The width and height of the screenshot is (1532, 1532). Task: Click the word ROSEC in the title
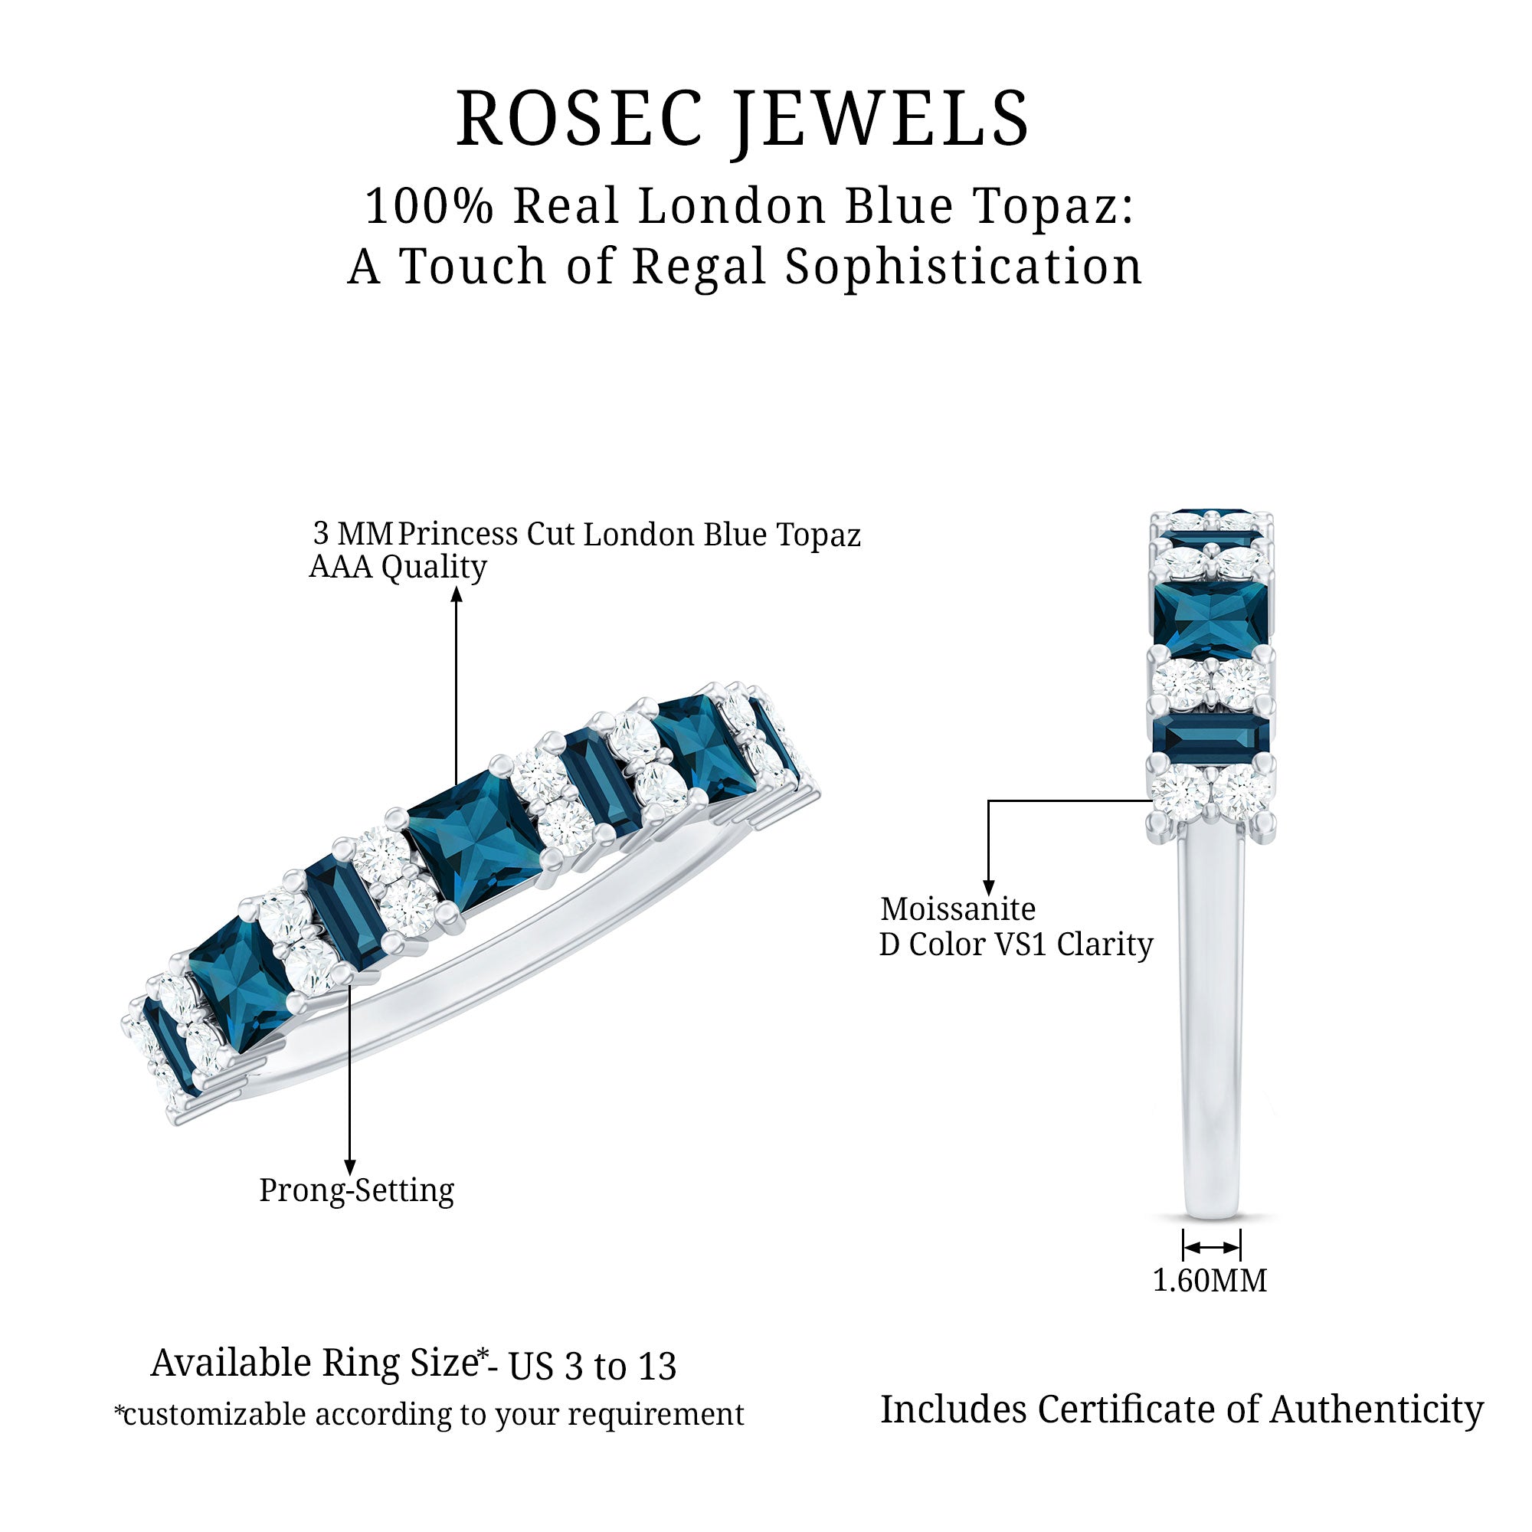(x=579, y=119)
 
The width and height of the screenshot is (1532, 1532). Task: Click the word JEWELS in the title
(x=880, y=119)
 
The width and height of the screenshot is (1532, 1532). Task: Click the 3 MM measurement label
(x=353, y=534)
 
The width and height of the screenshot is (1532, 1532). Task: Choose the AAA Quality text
(x=398, y=567)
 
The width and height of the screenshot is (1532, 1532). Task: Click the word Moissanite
(x=958, y=908)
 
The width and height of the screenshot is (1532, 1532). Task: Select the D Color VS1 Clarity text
(x=1016, y=944)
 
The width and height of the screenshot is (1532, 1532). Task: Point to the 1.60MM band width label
(x=1210, y=1281)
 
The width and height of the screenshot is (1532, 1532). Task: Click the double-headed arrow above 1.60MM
(x=1211, y=1247)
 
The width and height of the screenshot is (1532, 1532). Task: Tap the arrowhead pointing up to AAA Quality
(x=457, y=594)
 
